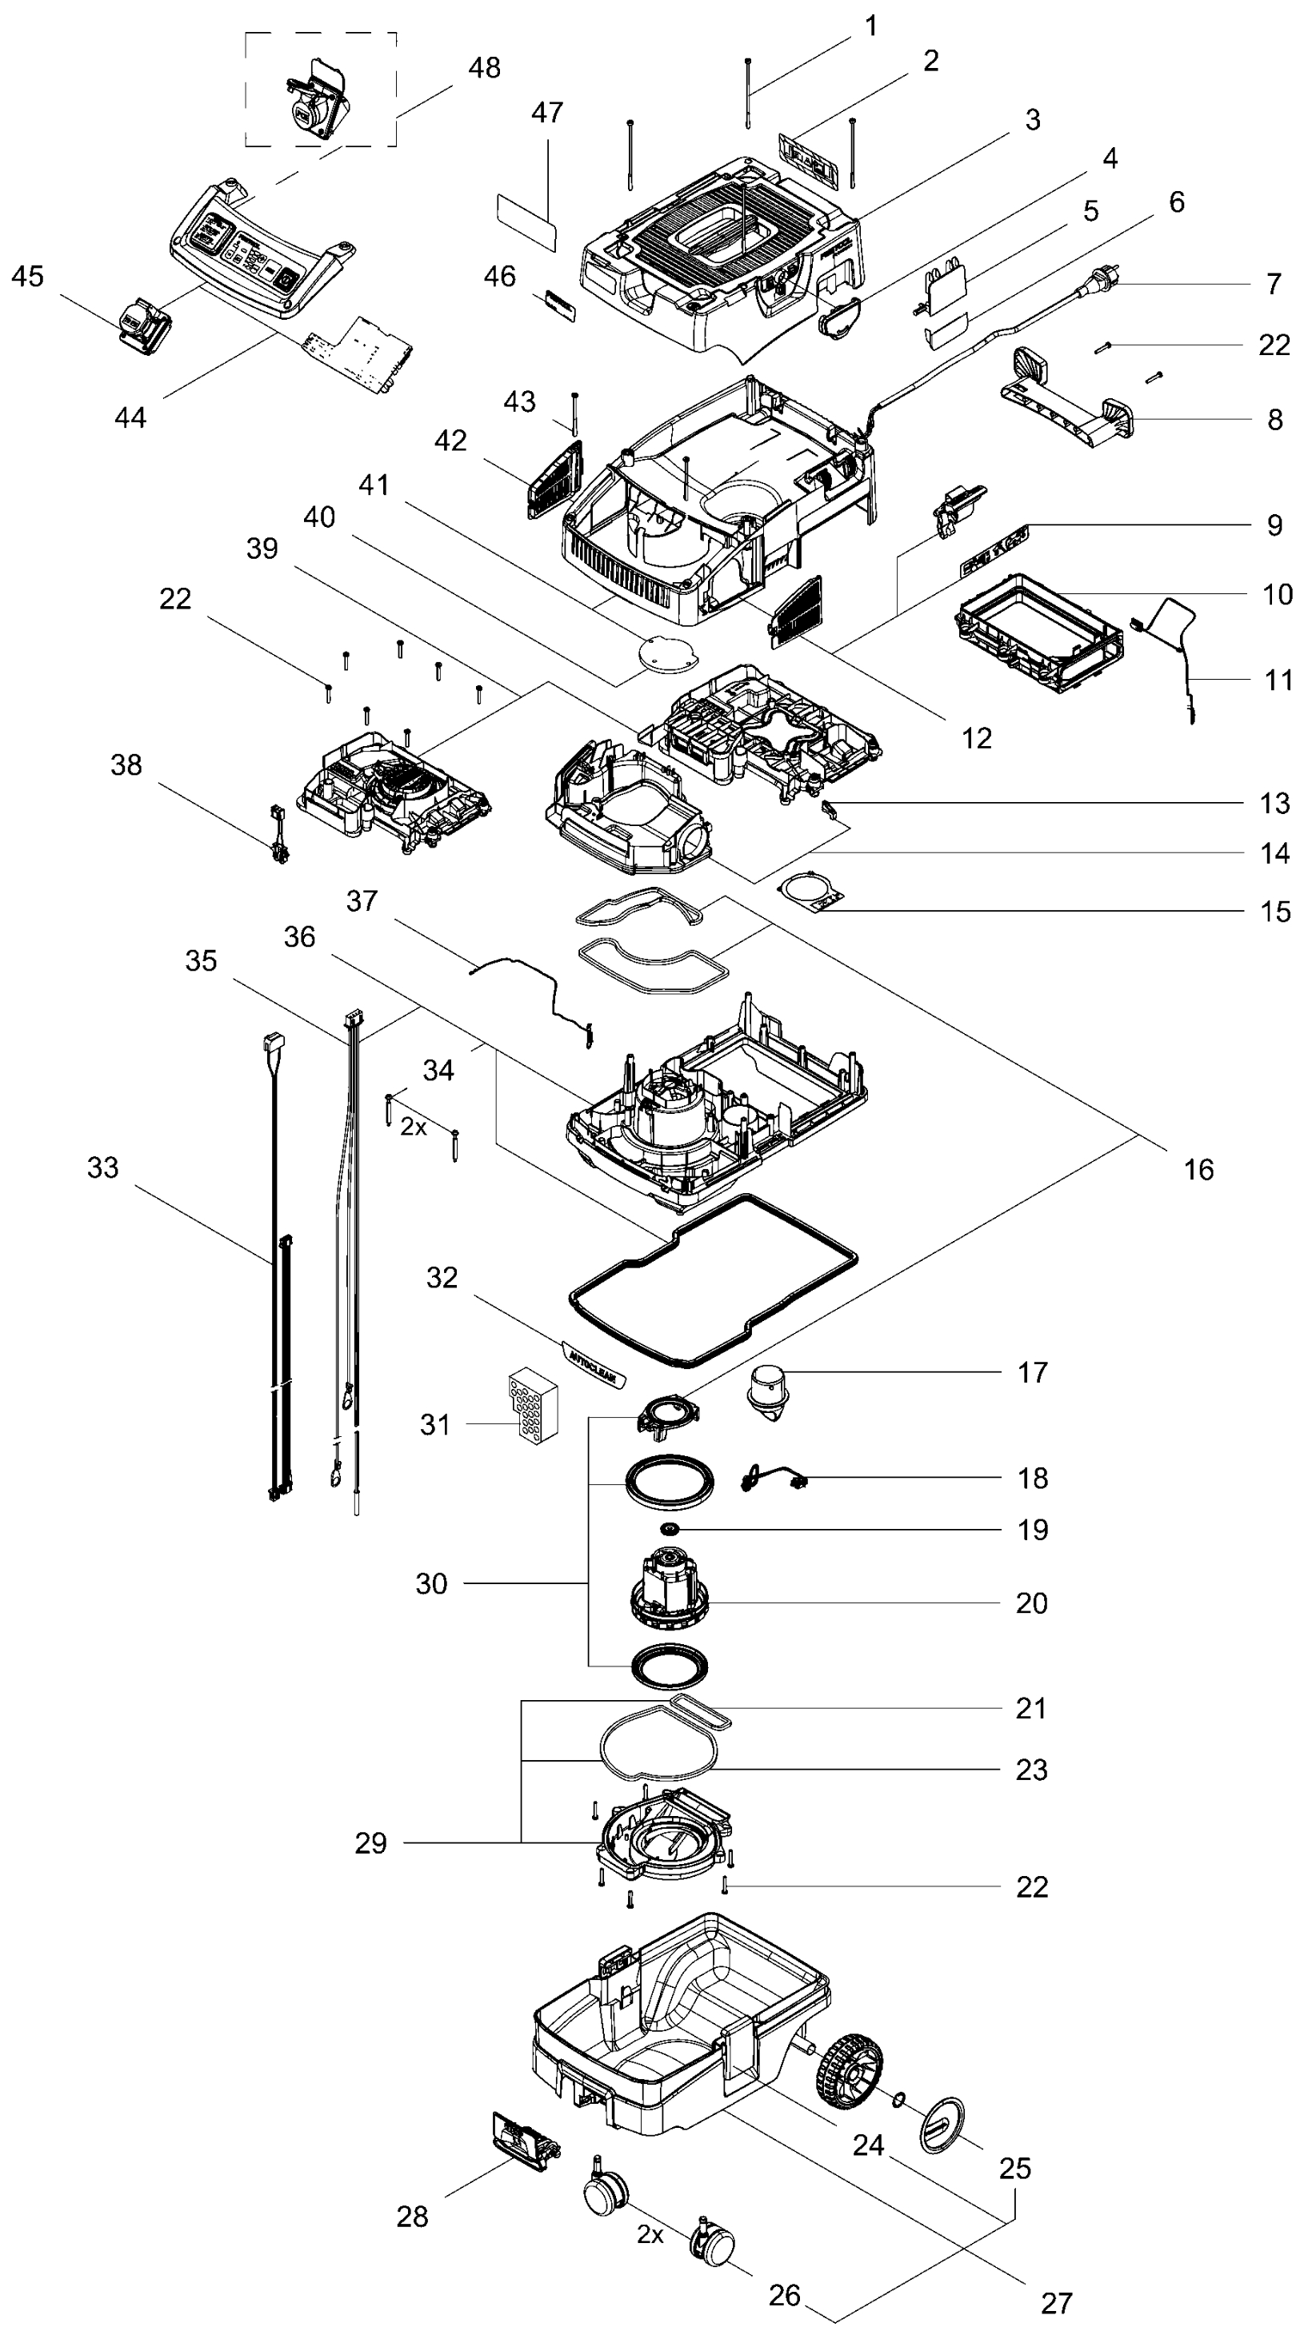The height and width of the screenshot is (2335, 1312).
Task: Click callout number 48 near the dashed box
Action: pos(485,68)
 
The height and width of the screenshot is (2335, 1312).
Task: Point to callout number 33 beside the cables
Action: pos(102,1167)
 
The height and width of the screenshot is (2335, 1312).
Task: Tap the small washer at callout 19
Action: pos(671,1529)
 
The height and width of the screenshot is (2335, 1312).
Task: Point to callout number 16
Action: pos(1198,1169)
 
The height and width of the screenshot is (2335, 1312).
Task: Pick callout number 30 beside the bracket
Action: pos(431,1583)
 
